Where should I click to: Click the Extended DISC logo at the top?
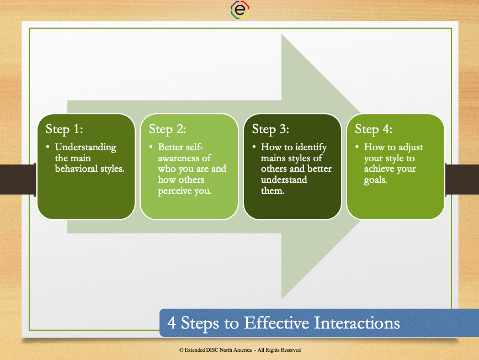[240, 10]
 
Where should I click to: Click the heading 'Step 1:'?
[64, 129]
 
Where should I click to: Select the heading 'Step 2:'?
[167, 129]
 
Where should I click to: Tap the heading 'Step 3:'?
[270, 129]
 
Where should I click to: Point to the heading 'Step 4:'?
[373, 129]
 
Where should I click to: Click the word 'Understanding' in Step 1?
[86, 147]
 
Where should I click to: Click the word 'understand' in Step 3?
[284, 179]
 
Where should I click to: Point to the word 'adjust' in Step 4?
[411, 147]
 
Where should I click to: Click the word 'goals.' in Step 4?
[375, 180]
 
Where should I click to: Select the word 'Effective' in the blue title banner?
[276, 322]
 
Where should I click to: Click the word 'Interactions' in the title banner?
[357, 322]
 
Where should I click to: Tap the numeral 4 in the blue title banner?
[172, 323]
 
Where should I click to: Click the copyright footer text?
[240, 350]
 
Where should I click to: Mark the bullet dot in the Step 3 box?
[254, 147]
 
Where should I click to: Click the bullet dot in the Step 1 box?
[47, 147]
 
